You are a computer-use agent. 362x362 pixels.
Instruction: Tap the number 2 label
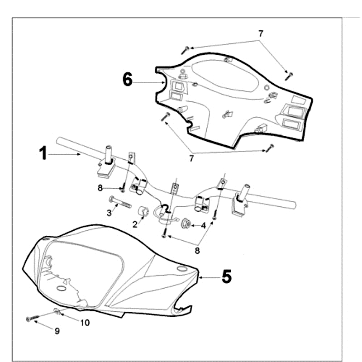click(134, 224)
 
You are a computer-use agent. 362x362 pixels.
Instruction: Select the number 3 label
click(109, 212)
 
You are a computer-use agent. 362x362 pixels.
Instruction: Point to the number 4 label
click(204, 225)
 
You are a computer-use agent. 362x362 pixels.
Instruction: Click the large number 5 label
click(226, 276)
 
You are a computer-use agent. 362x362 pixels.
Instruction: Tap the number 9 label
click(57, 331)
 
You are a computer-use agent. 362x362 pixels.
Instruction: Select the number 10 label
click(85, 323)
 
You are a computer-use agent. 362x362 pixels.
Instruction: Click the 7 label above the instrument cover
click(261, 33)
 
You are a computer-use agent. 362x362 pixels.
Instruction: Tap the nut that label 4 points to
click(185, 224)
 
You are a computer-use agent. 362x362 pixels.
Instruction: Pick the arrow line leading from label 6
click(148, 82)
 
